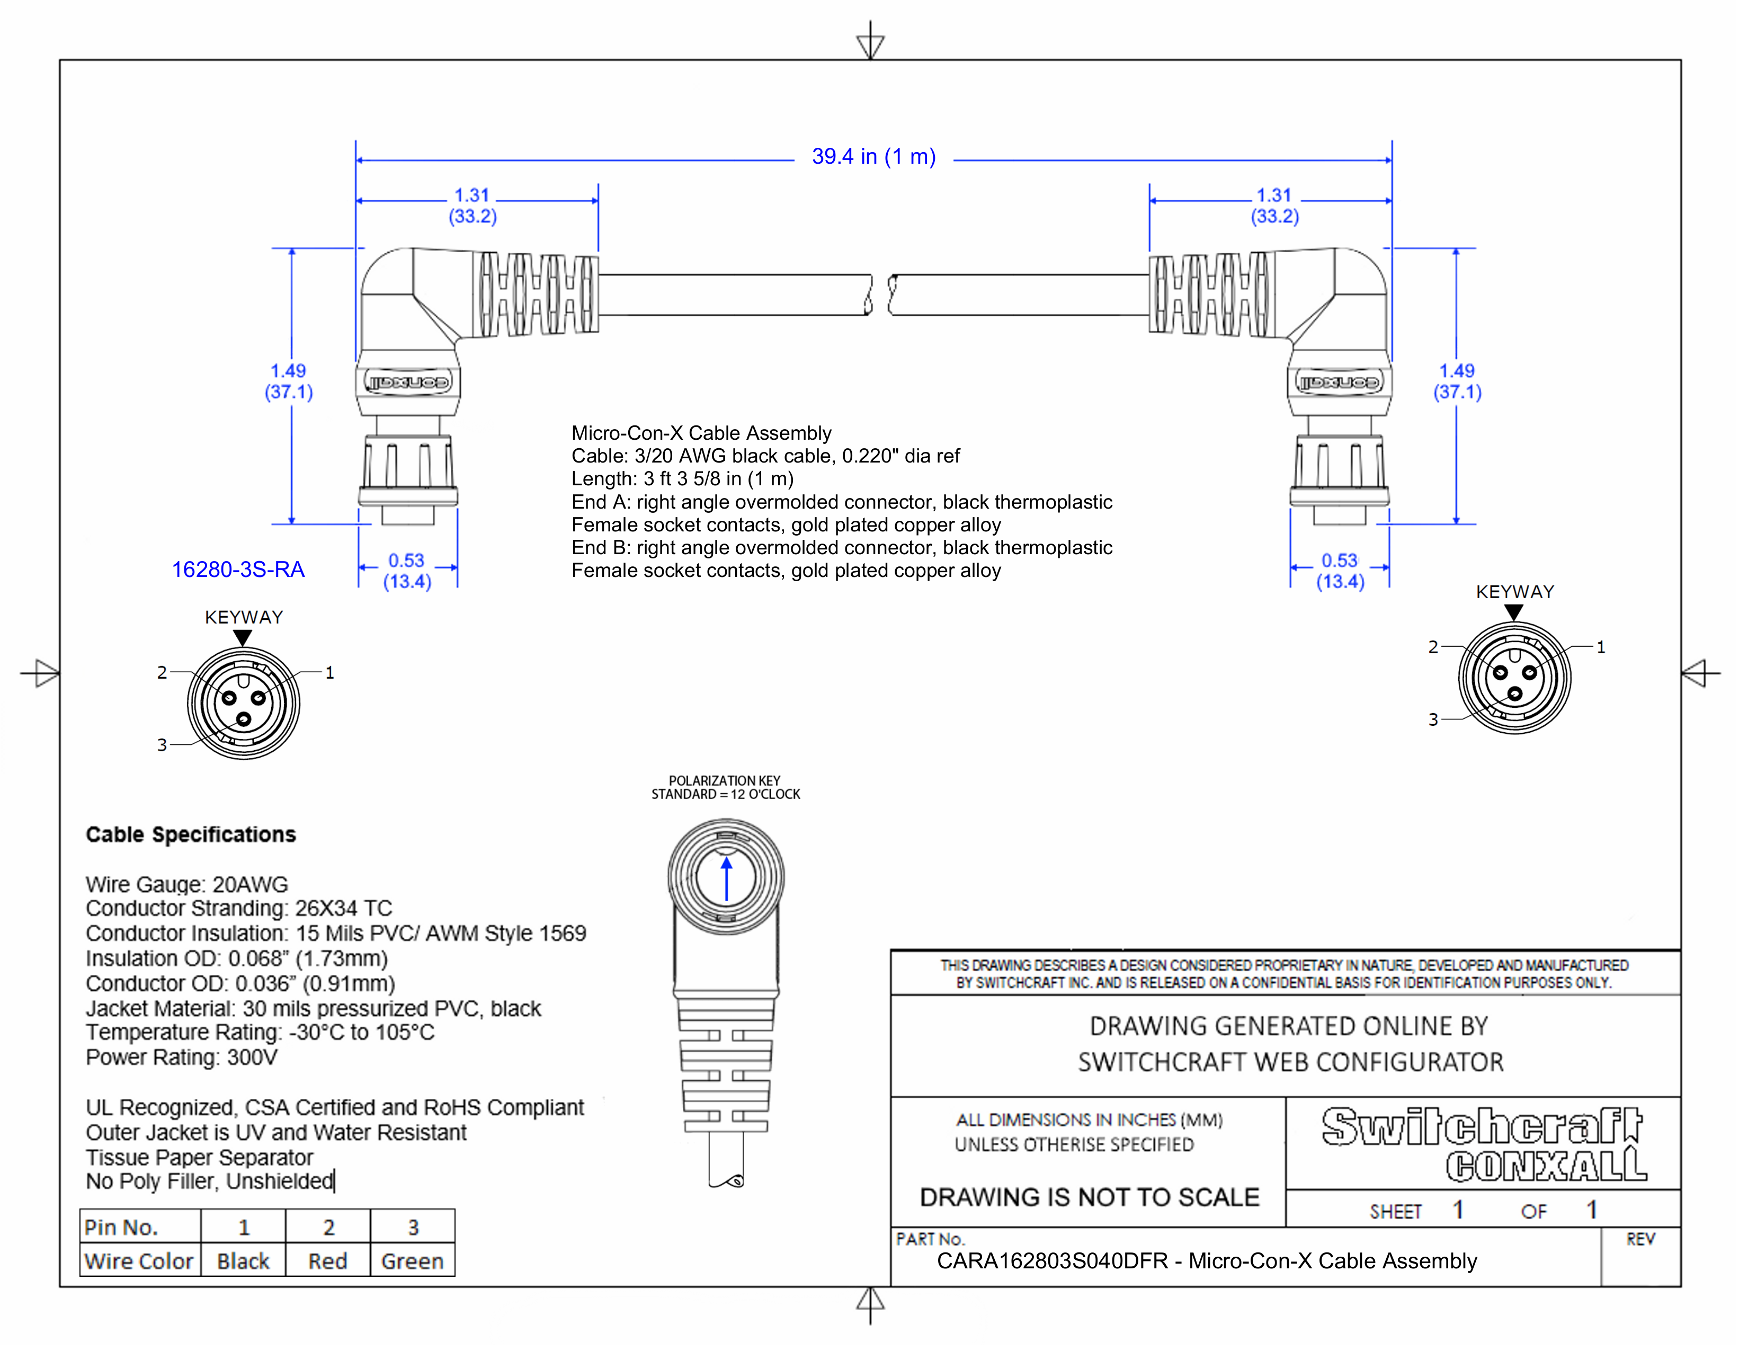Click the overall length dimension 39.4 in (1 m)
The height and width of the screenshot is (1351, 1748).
coord(873,157)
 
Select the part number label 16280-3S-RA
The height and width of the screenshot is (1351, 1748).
coord(238,570)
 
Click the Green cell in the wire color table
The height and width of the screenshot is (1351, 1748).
coord(412,1261)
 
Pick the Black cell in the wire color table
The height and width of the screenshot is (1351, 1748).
coord(243,1261)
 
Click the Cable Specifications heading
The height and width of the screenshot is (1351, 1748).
coord(191,835)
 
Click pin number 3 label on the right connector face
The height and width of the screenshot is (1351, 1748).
coord(1433,719)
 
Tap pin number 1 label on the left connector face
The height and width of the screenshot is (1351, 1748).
coord(329,673)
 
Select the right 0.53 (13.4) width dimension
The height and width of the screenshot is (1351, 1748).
coord(1340,571)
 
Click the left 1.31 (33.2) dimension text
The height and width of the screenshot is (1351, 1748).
coord(472,206)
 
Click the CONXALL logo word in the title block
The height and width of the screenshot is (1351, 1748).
coord(1545,1166)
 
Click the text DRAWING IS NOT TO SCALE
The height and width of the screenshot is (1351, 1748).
coord(1089,1197)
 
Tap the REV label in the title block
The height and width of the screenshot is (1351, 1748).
coord(1640,1240)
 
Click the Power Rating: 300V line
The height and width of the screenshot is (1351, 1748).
coord(182,1058)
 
